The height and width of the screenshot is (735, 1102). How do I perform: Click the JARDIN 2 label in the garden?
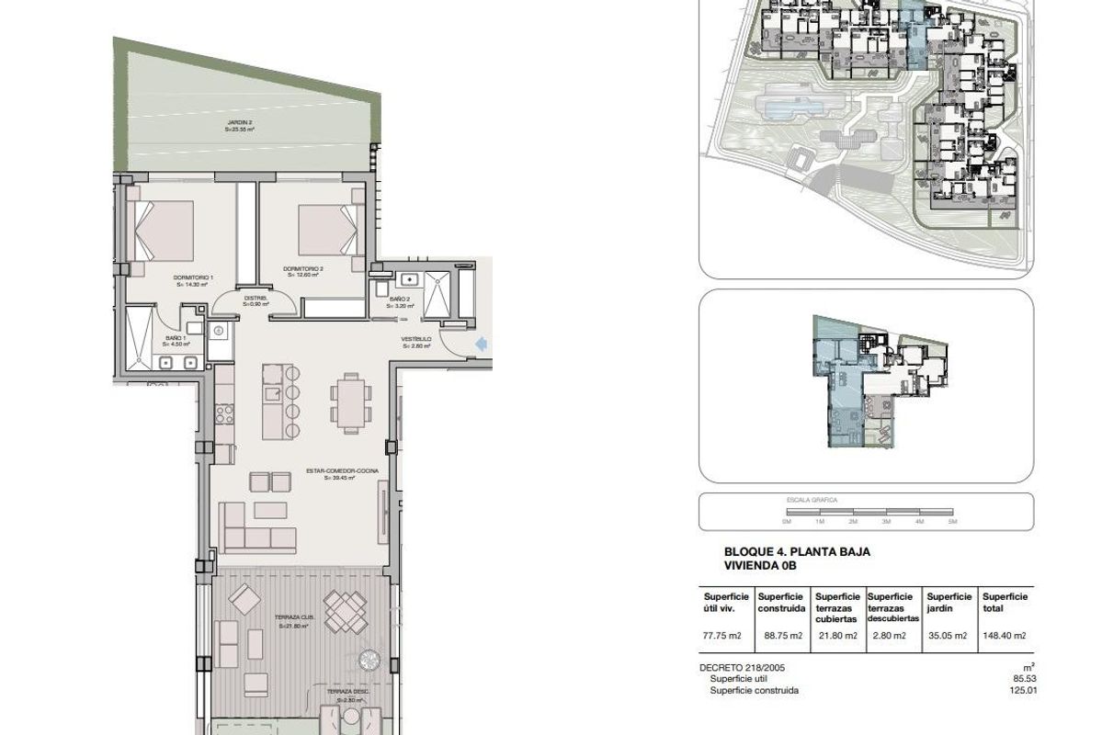click(240, 126)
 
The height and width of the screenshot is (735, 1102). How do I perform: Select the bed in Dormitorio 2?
click(327, 229)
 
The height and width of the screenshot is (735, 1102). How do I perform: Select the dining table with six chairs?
click(351, 401)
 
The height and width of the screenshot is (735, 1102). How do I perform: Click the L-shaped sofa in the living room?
click(256, 529)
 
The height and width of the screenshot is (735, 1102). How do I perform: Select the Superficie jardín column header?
click(949, 602)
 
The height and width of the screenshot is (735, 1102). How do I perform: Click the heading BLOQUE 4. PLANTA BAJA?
click(797, 552)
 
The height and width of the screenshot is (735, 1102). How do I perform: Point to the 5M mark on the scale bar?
click(953, 521)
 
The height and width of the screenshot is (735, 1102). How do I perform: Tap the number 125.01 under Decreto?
click(1021, 690)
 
